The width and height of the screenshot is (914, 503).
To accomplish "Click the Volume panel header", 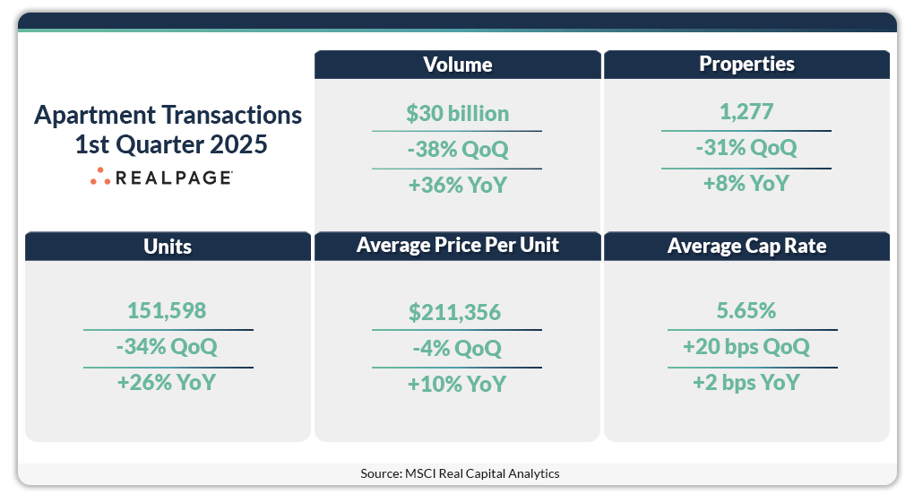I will click(x=457, y=65).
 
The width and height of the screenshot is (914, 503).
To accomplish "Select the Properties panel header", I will click(x=746, y=65).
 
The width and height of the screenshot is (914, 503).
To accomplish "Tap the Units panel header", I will click(x=168, y=247).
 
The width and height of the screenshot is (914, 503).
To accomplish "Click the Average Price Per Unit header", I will click(x=457, y=246).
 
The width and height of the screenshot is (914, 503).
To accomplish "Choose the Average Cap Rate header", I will click(x=746, y=247).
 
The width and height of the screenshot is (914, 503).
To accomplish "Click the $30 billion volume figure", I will click(x=457, y=114).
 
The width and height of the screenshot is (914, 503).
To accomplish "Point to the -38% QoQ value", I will click(x=457, y=149).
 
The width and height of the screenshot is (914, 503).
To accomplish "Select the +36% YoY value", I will click(x=457, y=186).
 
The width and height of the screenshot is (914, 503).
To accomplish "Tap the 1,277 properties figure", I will click(x=746, y=112).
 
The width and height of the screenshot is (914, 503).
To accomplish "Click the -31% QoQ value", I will click(x=746, y=148).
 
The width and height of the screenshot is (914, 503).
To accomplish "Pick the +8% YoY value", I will click(x=746, y=184).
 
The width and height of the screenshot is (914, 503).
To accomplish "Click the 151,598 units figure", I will click(x=168, y=311).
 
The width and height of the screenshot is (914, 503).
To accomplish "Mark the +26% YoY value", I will click(x=168, y=383).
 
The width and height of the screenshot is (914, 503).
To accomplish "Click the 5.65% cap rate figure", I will click(x=746, y=311).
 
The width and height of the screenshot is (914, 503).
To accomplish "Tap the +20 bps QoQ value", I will click(x=746, y=347).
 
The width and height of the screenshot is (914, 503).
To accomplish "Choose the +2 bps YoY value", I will click(x=746, y=383).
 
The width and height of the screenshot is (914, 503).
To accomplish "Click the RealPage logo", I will click(x=162, y=178).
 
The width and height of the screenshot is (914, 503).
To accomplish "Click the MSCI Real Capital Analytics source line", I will click(x=460, y=473).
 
